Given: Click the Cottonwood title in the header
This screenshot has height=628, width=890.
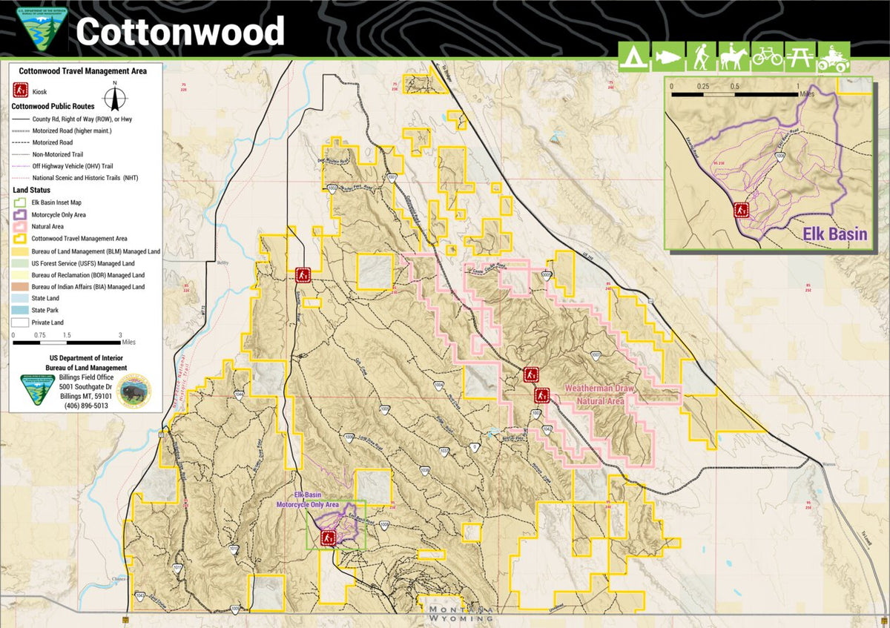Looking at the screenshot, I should [x=180, y=31].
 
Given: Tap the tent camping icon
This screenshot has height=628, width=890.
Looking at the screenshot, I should [x=633, y=57].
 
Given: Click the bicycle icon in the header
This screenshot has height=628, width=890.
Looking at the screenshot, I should [x=767, y=57].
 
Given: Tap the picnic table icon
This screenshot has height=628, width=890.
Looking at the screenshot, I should [x=800, y=57].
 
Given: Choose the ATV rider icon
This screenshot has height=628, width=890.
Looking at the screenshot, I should [x=834, y=57].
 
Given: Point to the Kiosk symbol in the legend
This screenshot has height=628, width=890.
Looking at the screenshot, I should [x=20, y=90].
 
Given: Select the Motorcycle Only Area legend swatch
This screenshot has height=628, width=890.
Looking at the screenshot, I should [x=20, y=214].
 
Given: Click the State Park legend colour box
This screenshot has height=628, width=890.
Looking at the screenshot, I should [x=20, y=310].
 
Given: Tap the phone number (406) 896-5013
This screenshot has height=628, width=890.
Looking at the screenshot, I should [x=86, y=406].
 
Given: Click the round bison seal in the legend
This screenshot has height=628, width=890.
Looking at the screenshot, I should [x=133, y=391].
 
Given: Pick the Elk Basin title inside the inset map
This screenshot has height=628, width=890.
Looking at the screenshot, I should [x=835, y=234].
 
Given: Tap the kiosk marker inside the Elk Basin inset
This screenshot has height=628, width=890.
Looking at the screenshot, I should [x=740, y=210].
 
